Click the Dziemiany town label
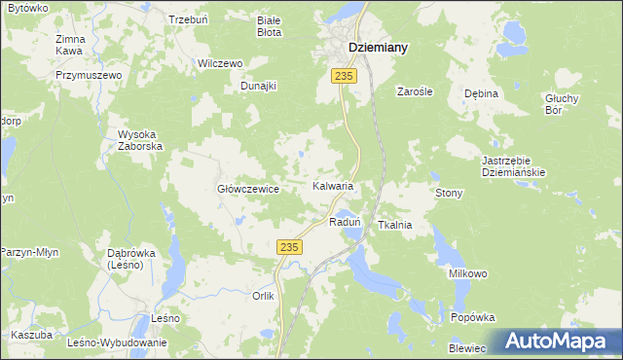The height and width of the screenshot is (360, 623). (378, 47)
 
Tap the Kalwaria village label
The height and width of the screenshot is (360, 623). (332, 185)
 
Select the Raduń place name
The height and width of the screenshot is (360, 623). (346, 222)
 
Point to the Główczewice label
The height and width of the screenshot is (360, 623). (248, 189)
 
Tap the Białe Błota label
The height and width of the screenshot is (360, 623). (268, 26)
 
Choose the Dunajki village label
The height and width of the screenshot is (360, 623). (259, 86)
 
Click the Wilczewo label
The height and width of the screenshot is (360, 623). (219, 63)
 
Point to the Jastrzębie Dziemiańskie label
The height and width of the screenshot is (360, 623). (513, 165)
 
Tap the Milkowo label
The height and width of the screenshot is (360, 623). (467, 274)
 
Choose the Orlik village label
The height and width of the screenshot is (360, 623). (264, 296)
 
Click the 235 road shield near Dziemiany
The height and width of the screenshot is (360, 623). (342, 75)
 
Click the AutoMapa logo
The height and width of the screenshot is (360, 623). (559, 341)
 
